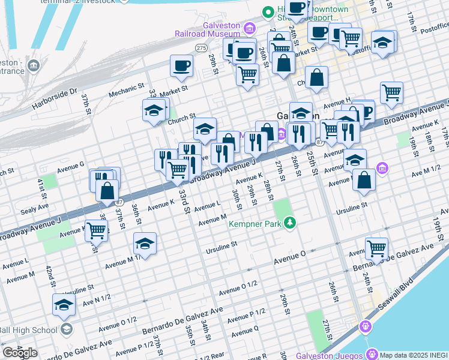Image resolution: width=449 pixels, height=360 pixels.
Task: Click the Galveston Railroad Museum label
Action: [207, 31]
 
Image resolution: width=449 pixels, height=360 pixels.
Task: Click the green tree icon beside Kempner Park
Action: [291, 223]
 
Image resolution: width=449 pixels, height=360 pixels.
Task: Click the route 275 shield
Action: [200, 47]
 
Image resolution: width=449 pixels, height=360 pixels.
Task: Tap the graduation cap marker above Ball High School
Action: [64, 306]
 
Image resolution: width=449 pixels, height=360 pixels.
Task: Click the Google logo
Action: [20, 353]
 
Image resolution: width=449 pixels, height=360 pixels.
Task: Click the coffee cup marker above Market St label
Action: [181, 66]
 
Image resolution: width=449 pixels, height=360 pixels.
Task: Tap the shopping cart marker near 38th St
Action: [96, 230]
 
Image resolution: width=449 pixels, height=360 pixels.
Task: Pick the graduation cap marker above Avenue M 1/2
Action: [145, 244]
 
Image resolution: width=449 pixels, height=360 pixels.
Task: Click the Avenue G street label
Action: [70, 164]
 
